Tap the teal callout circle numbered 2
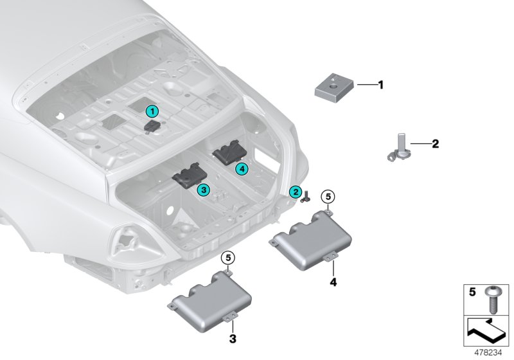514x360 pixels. tap(296, 191)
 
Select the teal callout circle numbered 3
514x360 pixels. tap(202, 190)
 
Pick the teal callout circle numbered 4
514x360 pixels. tap(241, 168)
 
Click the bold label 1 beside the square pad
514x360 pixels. tap(380, 84)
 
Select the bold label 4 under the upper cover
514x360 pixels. tap(332, 281)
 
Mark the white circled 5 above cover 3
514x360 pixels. tap(228, 258)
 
